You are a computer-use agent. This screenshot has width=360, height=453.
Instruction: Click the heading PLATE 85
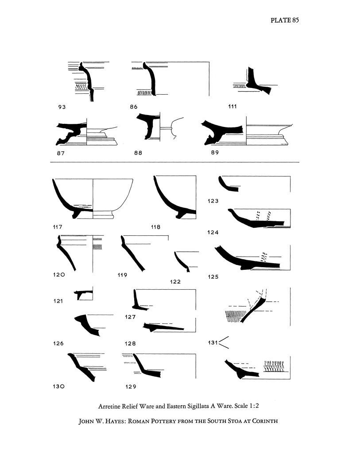(x=285, y=20)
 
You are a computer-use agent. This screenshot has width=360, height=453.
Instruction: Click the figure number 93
(x=62, y=107)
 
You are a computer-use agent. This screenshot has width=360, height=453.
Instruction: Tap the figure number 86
(x=134, y=107)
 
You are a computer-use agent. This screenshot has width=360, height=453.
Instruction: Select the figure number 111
(x=232, y=106)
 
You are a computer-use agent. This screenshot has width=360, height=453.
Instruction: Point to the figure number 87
(x=61, y=153)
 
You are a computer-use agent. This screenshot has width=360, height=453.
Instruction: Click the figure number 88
(x=138, y=153)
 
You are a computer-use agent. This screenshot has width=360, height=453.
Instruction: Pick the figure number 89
(x=215, y=153)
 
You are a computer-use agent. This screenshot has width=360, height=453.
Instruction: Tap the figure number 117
(x=58, y=227)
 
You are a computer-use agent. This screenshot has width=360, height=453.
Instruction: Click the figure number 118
(x=155, y=227)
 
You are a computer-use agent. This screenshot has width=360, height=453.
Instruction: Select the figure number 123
(x=213, y=201)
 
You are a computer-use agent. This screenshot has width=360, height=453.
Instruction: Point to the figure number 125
(x=213, y=277)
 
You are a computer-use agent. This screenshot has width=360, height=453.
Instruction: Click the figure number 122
(x=175, y=282)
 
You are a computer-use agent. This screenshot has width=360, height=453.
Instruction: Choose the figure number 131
(x=213, y=342)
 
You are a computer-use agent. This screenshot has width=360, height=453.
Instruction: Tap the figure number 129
(x=131, y=387)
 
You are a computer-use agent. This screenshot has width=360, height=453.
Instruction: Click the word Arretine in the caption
(x=109, y=406)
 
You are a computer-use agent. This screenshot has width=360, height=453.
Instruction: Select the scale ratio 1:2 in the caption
(x=254, y=406)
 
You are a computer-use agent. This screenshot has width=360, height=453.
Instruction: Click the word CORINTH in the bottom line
(x=265, y=421)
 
